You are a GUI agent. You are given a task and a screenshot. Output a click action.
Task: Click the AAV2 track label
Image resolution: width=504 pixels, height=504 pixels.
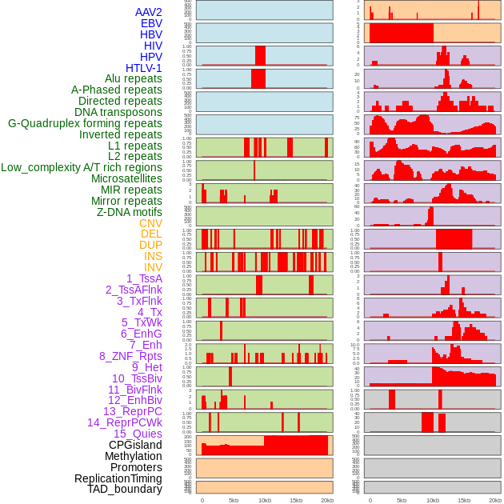[x=148, y=12]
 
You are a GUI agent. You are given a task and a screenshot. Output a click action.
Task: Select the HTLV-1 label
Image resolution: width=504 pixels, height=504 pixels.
[x=143, y=68]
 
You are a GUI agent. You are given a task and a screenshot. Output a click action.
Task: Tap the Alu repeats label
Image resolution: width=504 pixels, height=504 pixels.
[x=133, y=78]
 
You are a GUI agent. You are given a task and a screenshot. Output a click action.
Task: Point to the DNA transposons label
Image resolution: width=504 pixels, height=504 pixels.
[x=118, y=112]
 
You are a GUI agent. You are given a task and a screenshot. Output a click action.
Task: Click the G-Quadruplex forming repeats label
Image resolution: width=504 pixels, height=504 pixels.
[x=85, y=123]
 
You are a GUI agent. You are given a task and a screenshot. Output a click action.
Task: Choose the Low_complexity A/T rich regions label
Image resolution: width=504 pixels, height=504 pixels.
[x=82, y=167]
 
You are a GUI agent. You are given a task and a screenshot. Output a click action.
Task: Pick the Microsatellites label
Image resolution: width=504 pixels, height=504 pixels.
[x=126, y=178]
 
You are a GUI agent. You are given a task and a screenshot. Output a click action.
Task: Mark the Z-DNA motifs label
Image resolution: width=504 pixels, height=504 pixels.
[x=129, y=212]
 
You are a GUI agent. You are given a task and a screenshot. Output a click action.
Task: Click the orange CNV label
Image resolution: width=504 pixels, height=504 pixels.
[x=150, y=223]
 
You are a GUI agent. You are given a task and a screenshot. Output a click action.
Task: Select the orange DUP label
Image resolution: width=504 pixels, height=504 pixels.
[x=150, y=245]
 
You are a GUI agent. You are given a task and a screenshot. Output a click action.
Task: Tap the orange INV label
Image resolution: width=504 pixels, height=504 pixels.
[x=153, y=267]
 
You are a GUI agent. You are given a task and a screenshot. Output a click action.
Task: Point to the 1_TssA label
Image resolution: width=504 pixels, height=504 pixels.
[x=144, y=278]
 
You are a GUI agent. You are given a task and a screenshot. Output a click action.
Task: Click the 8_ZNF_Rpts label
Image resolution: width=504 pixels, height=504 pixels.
[x=130, y=356]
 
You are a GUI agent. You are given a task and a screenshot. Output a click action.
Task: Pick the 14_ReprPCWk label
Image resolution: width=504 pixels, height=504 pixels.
[x=125, y=422]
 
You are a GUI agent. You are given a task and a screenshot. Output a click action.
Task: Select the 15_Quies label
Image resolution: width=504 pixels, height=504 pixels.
[x=138, y=434]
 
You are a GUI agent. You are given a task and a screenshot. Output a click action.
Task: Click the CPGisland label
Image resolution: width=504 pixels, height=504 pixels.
[x=135, y=445]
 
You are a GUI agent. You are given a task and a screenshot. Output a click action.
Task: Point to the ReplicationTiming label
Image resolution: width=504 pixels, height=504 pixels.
[x=118, y=478]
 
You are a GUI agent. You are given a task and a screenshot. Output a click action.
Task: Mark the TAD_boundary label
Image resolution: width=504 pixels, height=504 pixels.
[x=124, y=489]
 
